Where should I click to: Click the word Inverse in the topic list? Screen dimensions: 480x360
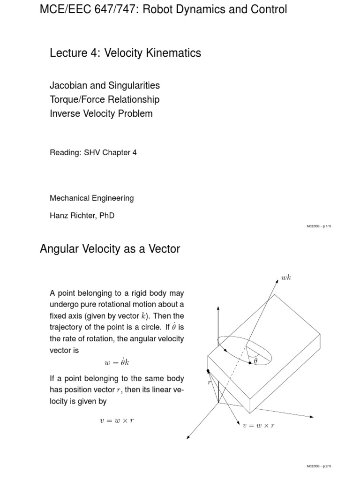tap(65, 113)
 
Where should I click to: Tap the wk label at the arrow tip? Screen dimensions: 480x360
tap(286, 278)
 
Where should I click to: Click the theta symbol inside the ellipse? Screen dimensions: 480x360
tap(255, 360)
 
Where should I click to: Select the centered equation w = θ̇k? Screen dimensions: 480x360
tap(117, 363)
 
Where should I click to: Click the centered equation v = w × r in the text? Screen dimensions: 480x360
tap(117, 420)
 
